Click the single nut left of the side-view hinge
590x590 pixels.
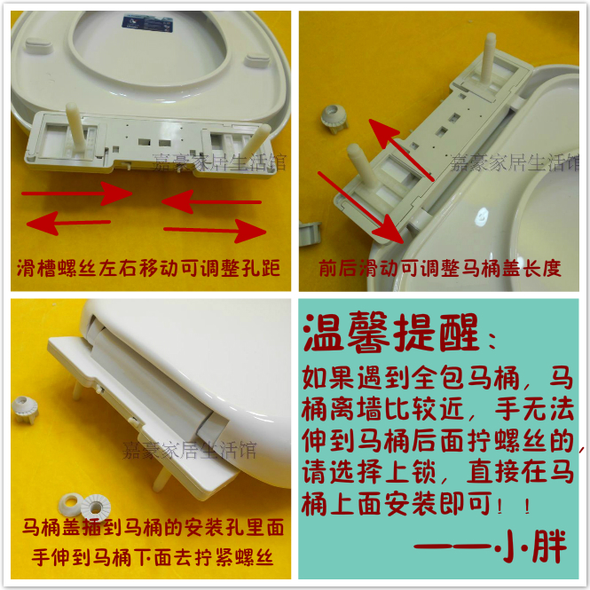pos(24,409)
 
